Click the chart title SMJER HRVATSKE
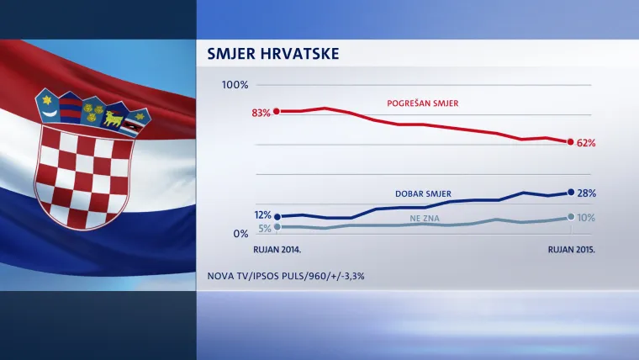click(272, 55)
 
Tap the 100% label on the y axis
click(235, 85)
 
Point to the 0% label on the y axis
click(240, 234)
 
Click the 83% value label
click(261, 112)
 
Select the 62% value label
click(586, 143)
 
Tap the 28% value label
click(587, 193)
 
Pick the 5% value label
click(264, 228)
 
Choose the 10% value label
click(586, 218)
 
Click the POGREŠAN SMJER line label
click(426, 103)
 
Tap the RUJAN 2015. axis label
click(572, 250)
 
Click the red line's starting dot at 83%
click(277, 111)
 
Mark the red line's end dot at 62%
click(572, 141)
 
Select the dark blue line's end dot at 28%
click(572, 193)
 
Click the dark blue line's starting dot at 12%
click(277, 216)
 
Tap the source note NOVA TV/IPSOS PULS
click(286, 275)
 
